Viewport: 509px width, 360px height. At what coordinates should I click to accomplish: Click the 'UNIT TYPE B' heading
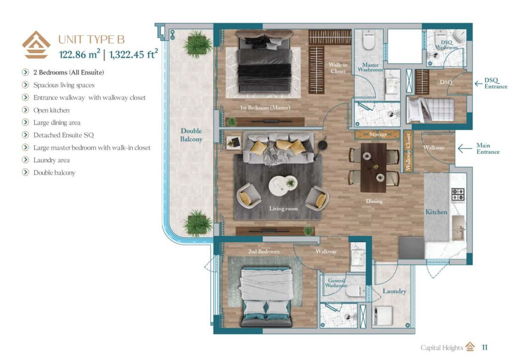pyautogui.click(x=91, y=39)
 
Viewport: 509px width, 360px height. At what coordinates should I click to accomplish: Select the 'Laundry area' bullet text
pyautogui.click(x=51, y=160)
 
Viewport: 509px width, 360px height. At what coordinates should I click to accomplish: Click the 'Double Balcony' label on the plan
pyautogui.click(x=191, y=135)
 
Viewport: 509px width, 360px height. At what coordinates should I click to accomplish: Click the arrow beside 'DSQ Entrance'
pyautogui.click(x=478, y=83)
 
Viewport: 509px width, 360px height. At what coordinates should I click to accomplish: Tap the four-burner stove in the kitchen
pyautogui.click(x=457, y=194)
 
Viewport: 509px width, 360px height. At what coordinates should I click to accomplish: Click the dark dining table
pyautogui.click(x=374, y=167)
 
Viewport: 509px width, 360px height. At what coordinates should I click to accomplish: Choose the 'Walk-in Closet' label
pyautogui.click(x=338, y=68)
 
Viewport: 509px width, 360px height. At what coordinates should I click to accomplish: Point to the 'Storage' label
pyautogui.click(x=378, y=134)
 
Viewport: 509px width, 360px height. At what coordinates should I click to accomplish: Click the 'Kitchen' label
pyautogui.click(x=436, y=212)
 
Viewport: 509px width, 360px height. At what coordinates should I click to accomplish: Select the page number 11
pyautogui.click(x=485, y=347)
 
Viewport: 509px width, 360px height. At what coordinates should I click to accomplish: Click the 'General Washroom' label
pyautogui.click(x=336, y=283)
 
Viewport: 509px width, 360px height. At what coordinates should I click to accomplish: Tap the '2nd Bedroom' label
pyautogui.click(x=263, y=251)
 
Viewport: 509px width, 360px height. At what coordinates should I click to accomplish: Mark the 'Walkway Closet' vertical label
pyautogui.click(x=408, y=151)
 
